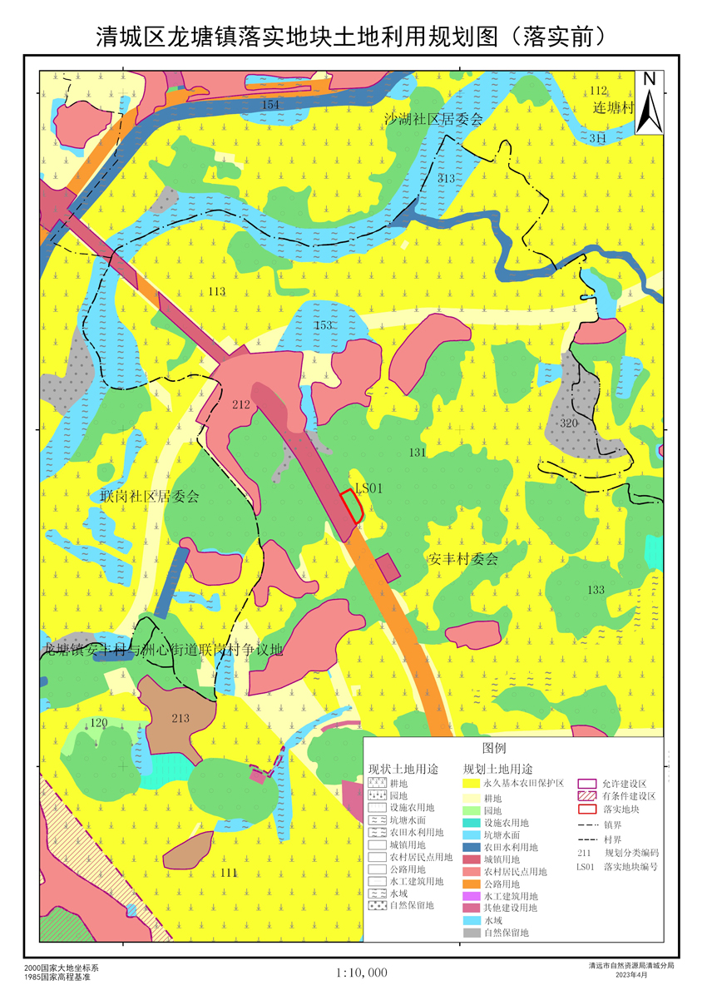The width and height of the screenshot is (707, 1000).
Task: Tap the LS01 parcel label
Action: click(368, 489)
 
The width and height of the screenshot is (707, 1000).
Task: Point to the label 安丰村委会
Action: click(462, 560)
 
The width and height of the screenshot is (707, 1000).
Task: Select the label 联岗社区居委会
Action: click(150, 497)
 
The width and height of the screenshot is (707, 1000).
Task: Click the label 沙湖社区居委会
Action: click(433, 119)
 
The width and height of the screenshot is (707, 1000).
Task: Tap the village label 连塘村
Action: click(613, 109)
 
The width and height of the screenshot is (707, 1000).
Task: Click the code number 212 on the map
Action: click(241, 405)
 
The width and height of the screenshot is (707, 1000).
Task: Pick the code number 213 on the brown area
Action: click(180, 718)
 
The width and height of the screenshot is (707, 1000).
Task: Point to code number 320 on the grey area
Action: click(569, 423)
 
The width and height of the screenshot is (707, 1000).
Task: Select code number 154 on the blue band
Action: click(270, 104)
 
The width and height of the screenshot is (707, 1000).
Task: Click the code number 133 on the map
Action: click(596, 590)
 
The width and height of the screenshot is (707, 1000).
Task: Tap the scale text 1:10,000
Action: click(362, 973)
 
